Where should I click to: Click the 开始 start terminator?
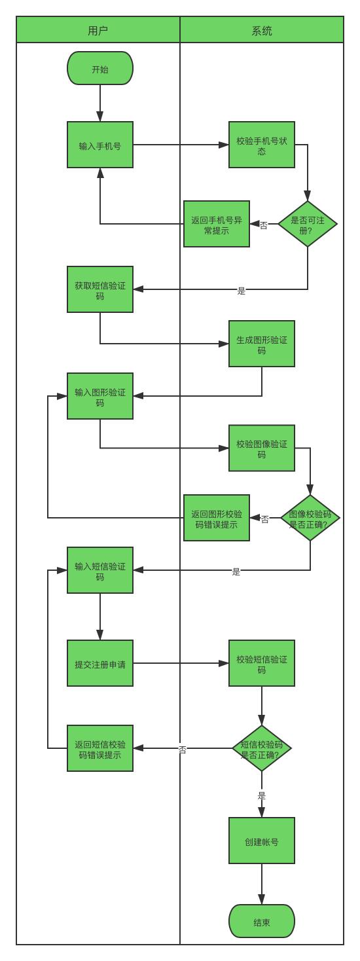coord(100,68)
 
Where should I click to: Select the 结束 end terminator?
coord(262,921)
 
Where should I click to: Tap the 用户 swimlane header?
coord(98,30)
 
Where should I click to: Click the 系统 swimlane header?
coord(262,30)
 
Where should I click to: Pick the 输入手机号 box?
coord(100,145)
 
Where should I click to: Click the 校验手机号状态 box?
coord(262,145)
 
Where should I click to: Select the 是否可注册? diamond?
coord(308,223)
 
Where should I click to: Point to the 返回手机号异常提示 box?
coord(217,224)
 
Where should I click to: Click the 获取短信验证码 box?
coord(100,289)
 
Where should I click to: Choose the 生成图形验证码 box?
coord(262,344)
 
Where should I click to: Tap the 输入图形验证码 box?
coord(100,396)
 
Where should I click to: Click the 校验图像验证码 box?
coord(262,448)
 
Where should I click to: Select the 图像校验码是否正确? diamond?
coord(310,518)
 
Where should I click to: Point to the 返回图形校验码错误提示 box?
coord(217,518)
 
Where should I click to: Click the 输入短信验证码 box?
coord(100,570)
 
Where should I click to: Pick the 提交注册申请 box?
coord(100,663)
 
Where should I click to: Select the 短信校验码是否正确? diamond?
coord(262,749)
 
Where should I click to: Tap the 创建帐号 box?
coord(262,841)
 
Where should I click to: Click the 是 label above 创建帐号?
coord(262,796)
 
